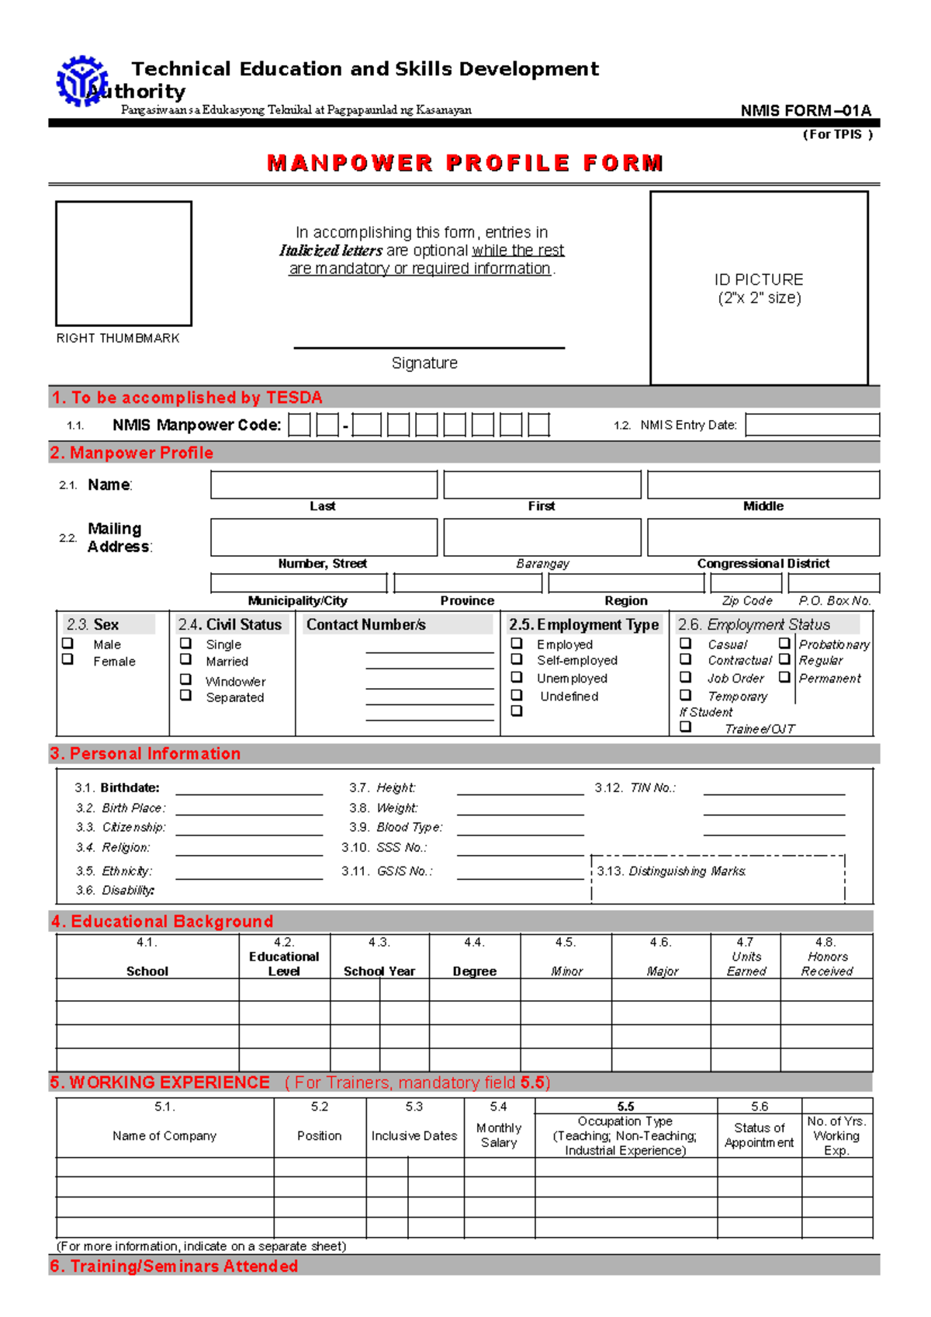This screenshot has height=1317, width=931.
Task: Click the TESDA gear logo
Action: pyautogui.click(x=81, y=81)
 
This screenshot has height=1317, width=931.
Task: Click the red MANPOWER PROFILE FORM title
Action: pyautogui.click(x=465, y=163)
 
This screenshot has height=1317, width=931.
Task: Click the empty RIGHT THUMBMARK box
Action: pyautogui.click(x=123, y=263)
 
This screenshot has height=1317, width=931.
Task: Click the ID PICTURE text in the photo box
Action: pyautogui.click(x=759, y=280)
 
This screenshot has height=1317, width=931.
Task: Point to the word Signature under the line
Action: pyautogui.click(x=424, y=363)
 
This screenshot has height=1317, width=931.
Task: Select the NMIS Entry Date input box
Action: pyautogui.click(x=812, y=425)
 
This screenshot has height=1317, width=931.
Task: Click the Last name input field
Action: pyautogui.click(x=324, y=485)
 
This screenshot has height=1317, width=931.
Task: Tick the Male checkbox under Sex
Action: pyautogui.click(x=68, y=644)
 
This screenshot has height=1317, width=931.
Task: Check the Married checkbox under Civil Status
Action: pyautogui.click(x=186, y=659)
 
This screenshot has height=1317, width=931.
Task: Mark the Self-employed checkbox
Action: pyautogui.click(x=517, y=659)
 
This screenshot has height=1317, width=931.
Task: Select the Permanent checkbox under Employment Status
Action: pyautogui.click(x=784, y=677)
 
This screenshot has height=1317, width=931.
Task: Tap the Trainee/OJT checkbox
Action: pyautogui.click(x=686, y=727)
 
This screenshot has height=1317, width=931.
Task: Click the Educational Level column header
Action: pyautogui.click(x=284, y=963)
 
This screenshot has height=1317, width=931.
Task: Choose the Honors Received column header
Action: pyautogui.click(x=827, y=963)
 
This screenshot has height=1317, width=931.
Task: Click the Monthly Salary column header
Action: pyautogui.click(x=499, y=1135)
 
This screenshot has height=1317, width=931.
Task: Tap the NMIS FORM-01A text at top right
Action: pyautogui.click(x=805, y=110)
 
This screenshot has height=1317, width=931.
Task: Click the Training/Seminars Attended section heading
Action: pyautogui.click(x=175, y=1266)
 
